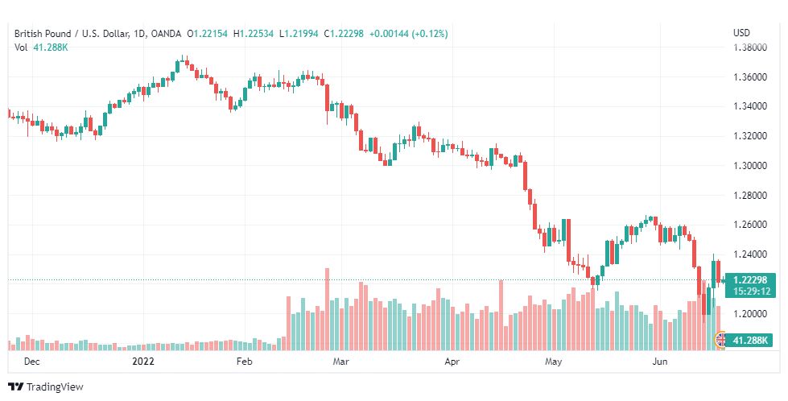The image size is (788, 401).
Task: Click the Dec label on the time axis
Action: pos(31,362)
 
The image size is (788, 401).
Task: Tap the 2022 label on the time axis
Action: pos(143,362)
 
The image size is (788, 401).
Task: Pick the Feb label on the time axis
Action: pos(244,362)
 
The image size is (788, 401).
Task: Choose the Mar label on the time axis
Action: pos(341,362)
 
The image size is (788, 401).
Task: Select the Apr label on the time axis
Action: pos(452,362)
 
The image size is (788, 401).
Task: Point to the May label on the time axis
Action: pos(553,362)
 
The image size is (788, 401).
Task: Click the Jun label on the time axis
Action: pos(659,362)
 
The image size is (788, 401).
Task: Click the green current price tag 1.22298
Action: pos(750,285)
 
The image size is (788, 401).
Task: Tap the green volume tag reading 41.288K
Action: pos(750,341)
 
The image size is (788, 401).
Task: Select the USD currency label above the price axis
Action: pos(742,33)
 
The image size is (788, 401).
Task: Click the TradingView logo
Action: pos(46,387)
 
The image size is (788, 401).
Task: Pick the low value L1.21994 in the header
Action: pos(299,34)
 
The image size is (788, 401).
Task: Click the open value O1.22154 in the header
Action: pos(207,34)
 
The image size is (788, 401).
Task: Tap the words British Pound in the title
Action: pos(43,34)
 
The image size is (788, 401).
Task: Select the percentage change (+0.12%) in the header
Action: pos(430,34)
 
